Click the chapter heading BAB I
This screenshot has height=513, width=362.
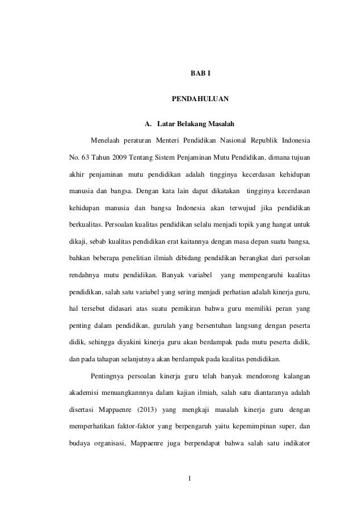(200, 73)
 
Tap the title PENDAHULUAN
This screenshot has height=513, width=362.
(200, 99)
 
